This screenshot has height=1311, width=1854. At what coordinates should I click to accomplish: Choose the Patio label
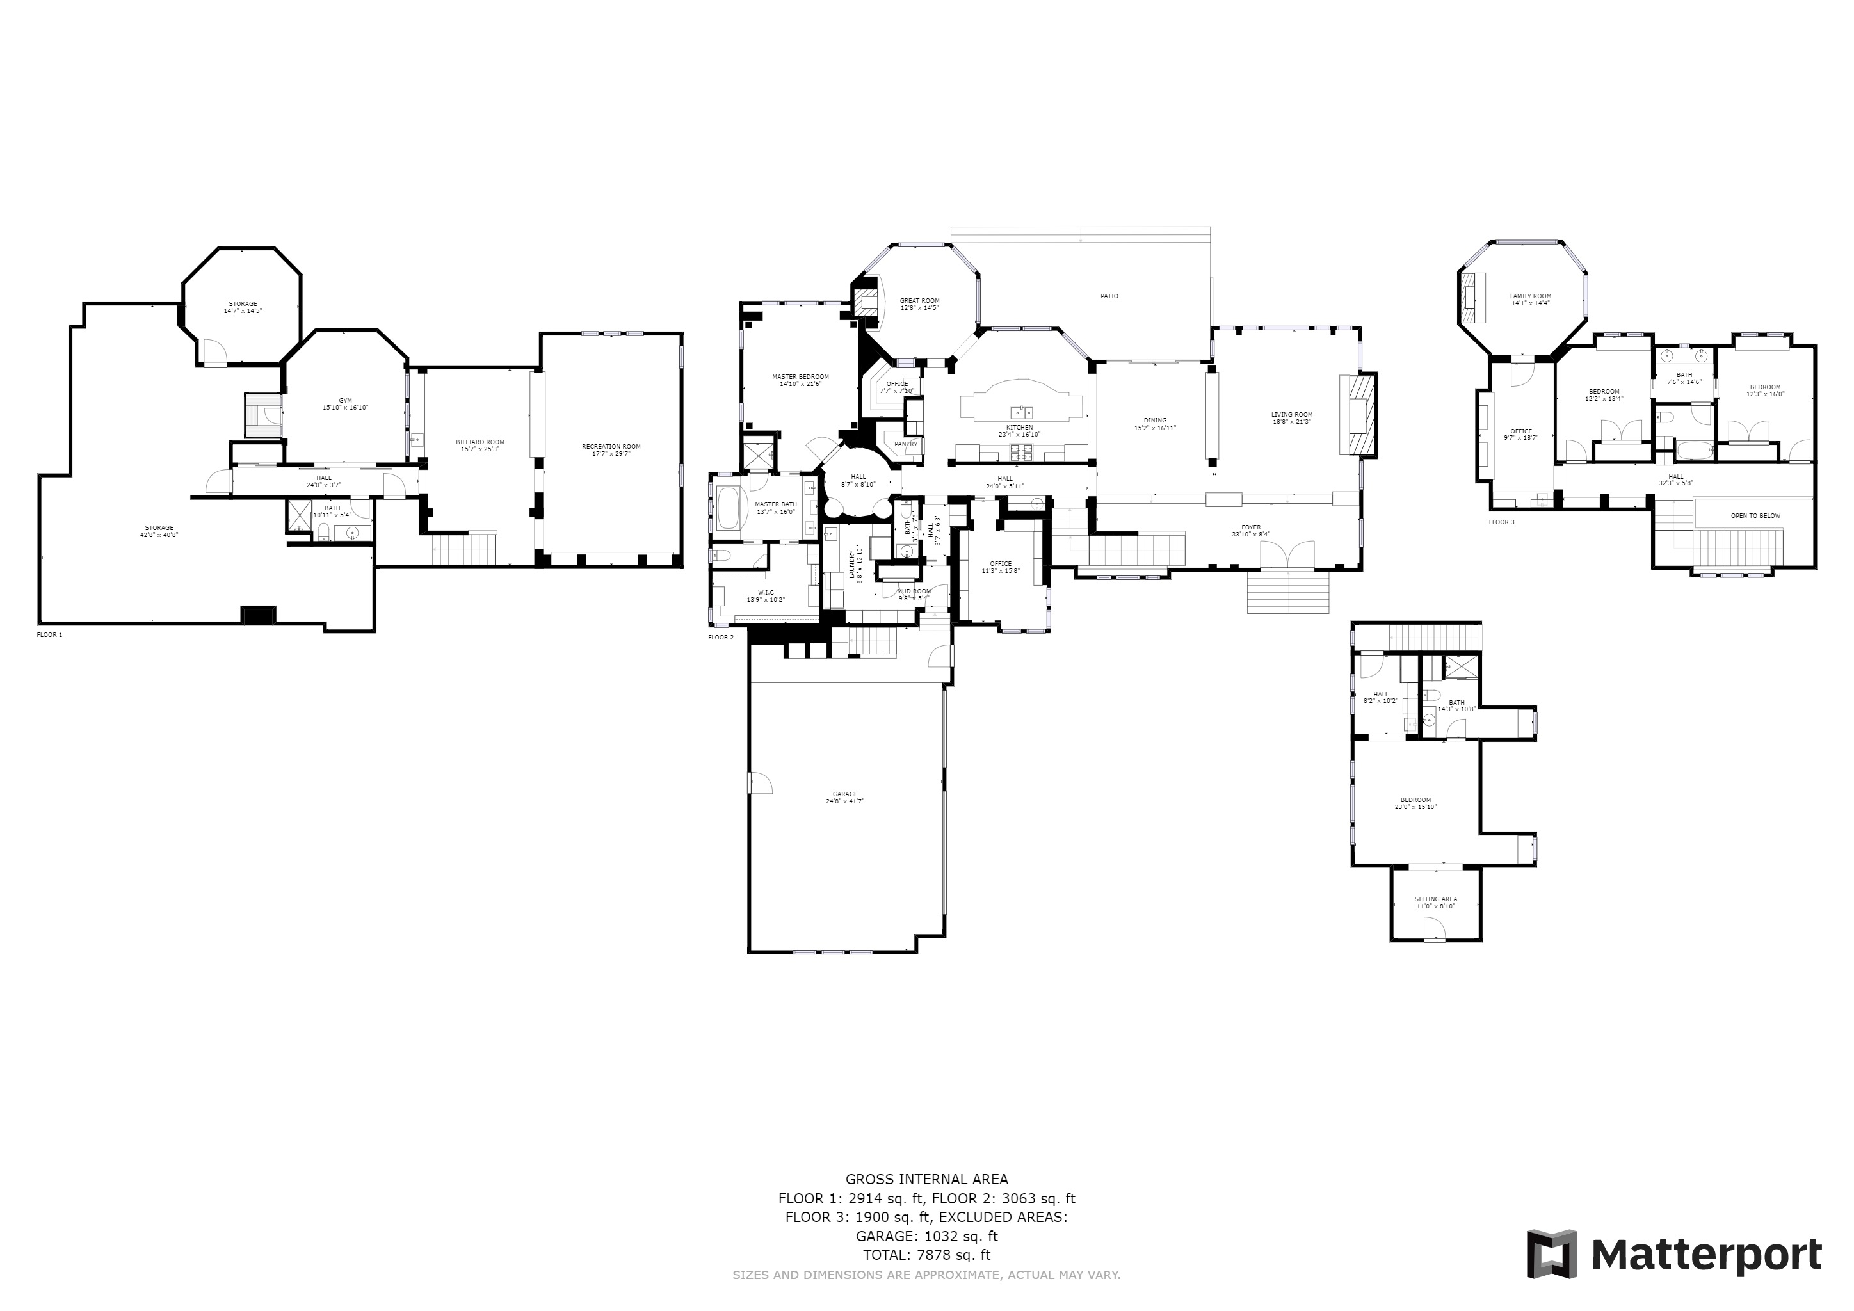[x=1109, y=296]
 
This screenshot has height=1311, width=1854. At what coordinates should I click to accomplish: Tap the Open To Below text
[x=1755, y=516]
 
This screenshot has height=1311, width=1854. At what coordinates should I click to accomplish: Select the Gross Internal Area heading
[x=926, y=1179]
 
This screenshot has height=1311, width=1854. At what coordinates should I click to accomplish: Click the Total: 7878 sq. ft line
[x=926, y=1255]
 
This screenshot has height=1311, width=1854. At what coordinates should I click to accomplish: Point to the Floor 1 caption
[x=49, y=635]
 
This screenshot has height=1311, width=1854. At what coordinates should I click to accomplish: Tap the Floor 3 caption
[x=1502, y=522]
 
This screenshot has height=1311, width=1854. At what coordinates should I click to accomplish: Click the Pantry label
[x=906, y=444]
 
